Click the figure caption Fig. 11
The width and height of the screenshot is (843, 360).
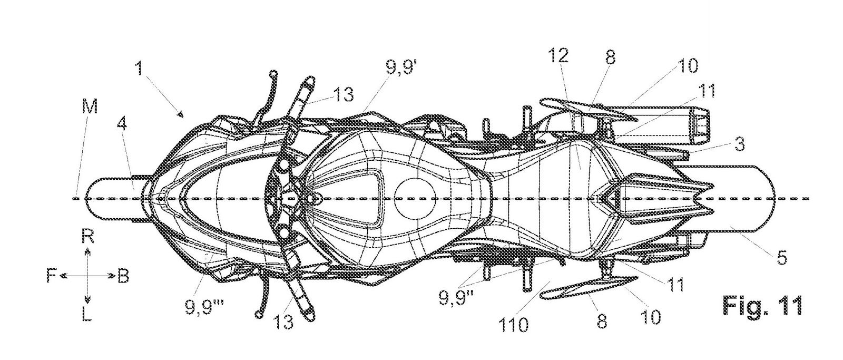tap(762, 305)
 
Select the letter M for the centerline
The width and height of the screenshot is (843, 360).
tap(89, 107)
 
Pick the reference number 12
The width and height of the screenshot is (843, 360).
tap(559, 55)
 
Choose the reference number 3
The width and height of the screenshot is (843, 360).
tap(739, 144)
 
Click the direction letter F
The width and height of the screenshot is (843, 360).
tap(51, 276)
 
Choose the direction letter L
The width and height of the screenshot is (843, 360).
tap(88, 315)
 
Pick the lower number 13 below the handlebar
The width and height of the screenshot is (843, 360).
tap(285, 321)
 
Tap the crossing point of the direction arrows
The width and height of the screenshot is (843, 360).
tap(88, 276)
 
